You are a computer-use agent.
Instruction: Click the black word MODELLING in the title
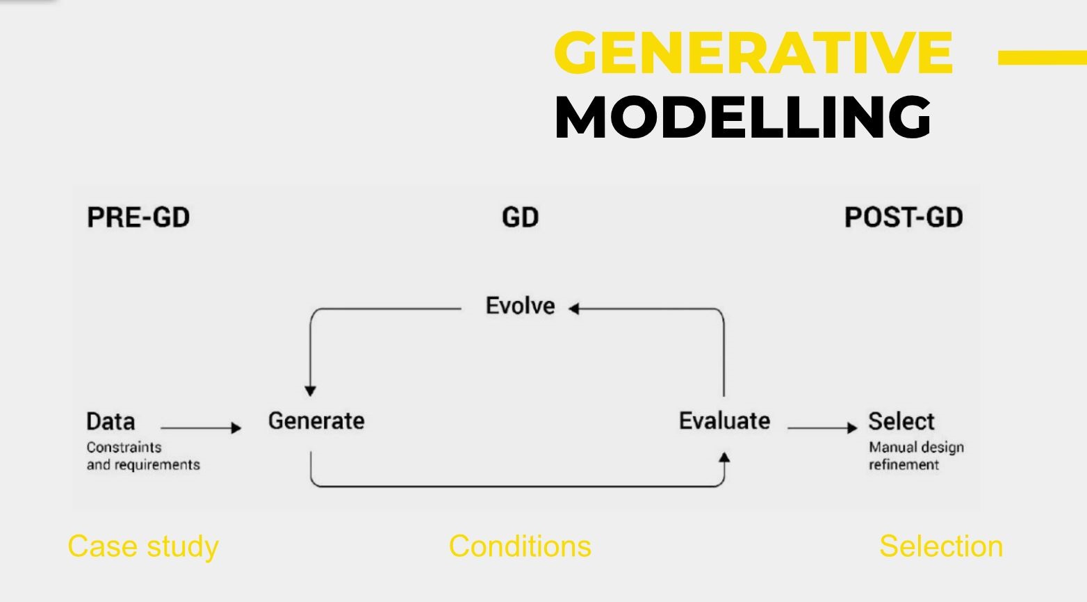(x=742, y=117)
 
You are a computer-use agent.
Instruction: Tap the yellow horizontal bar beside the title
(x=1043, y=57)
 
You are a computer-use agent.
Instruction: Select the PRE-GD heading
(x=138, y=217)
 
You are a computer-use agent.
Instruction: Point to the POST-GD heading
(x=904, y=217)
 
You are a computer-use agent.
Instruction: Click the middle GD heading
(x=520, y=217)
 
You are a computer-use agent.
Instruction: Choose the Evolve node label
(x=520, y=306)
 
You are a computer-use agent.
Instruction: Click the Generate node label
(x=316, y=421)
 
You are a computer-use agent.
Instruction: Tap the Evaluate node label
(x=724, y=421)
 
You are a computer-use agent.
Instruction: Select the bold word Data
(x=111, y=421)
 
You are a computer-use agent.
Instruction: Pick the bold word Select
(x=901, y=421)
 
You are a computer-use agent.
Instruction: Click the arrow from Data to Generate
(x=201, y=428)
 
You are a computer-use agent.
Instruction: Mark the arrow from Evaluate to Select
(x=822, y=428)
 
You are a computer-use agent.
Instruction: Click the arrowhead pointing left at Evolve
(x=573, y=309)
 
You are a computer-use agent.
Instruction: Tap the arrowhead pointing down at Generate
(x=311, y=391)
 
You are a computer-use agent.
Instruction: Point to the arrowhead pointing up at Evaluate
(x=724, y=457)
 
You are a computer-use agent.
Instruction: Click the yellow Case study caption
(x=143, y=547)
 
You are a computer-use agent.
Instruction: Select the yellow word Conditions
(x=520, y=546)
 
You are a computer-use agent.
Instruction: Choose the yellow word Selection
(x=941, y=546)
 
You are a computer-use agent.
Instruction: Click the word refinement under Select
(x=904, y=464)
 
